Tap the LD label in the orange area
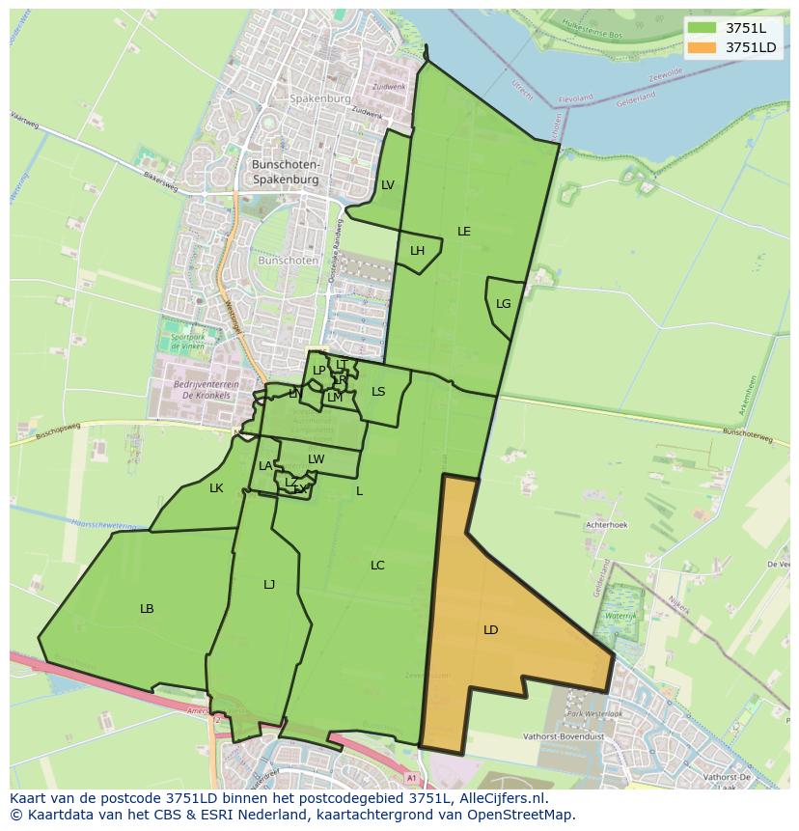490,630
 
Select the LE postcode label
464,232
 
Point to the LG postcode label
503,304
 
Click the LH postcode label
417,251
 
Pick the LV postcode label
387,185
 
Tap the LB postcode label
147,609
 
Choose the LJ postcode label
269,584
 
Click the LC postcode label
377,566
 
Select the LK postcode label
216,488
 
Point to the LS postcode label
378,392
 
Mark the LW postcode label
316,459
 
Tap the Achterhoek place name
607,525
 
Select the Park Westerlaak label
595,713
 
